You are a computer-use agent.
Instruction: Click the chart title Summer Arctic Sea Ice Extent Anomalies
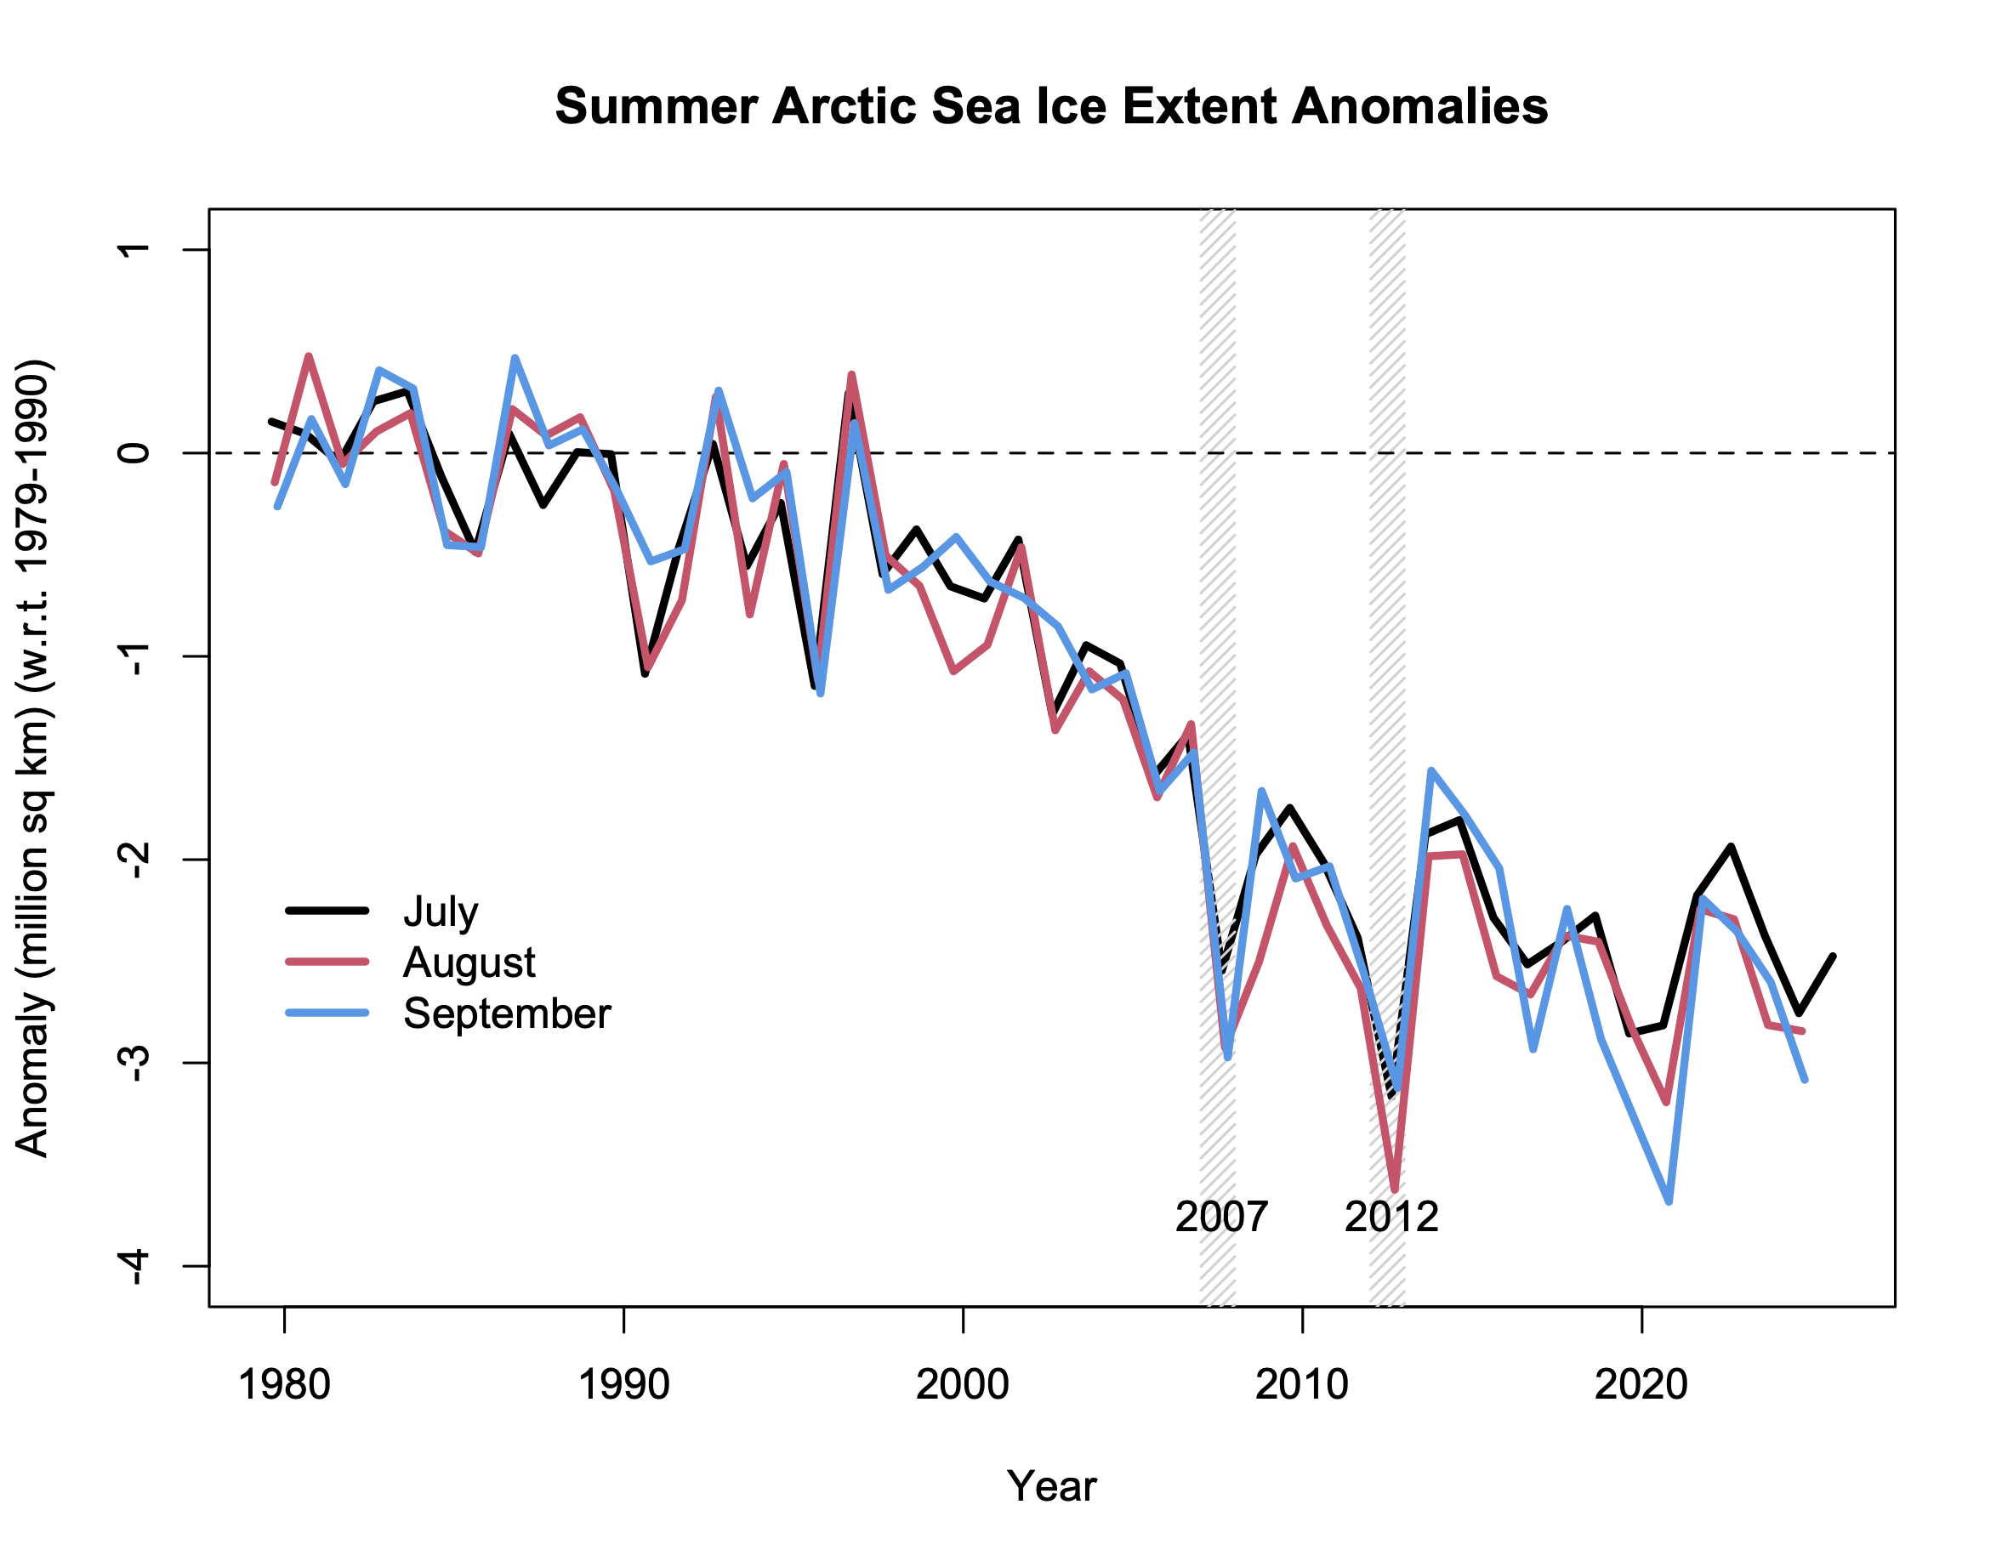[x=1051, y=106]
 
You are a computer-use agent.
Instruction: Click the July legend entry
[x=441, y=911]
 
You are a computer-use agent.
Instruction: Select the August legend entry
[x=469, y=962]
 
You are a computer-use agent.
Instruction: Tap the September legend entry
[x=507, y=1013]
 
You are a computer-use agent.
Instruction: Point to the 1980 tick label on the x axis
[x=283, y=1384]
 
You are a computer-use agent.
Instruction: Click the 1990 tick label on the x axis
[x=623, y=1384]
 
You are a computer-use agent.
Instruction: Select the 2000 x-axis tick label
[x=963, y=1384]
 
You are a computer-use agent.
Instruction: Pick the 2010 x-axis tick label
[x=1302, y=1384]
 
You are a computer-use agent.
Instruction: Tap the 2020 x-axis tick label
[x=1641, y=1384]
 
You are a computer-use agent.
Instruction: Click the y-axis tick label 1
[x=135, y=249]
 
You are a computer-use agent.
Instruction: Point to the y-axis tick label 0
[x=135, y=453]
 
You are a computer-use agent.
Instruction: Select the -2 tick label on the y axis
[x=135, y=860]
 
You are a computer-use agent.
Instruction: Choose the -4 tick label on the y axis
[x=135, y=1267]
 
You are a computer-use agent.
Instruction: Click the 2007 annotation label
[x=1221, y=1218]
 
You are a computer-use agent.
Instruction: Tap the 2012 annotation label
[x=1391, y=1218]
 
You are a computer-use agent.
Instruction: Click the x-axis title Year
[x=1051, y=1487]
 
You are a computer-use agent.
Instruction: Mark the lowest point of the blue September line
[x=1668, y=1201]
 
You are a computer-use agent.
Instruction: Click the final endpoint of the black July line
[x=1833, y=957]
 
